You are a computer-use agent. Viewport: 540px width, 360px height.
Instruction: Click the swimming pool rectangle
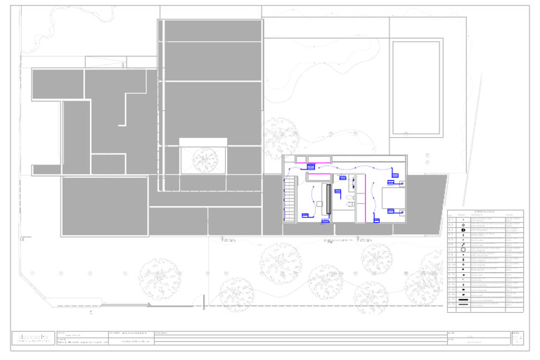(x=418, y=87)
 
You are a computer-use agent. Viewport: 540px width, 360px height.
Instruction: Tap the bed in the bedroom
(x=393, y=198)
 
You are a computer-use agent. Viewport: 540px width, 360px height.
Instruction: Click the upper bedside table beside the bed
(x=401, y=184)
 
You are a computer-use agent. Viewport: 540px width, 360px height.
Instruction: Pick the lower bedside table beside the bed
(x=401, y=211)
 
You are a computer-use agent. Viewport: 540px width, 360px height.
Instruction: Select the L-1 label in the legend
(x=451, y=219)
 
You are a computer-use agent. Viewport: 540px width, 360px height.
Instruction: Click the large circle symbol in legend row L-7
(x=463, y=250)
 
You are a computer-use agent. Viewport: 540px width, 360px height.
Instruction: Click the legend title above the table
(x=484, y=211)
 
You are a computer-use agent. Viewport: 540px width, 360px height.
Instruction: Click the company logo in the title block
(x=31, y=339)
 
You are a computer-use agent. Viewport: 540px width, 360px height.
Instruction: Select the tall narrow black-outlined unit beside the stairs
(x=328, y=199)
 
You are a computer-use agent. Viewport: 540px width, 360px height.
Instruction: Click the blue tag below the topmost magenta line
(x=311, y=167)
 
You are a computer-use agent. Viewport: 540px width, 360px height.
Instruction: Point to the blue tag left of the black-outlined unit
(x=306, y=215)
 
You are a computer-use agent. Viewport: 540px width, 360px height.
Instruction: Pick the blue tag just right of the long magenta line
(x=377, y=221)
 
